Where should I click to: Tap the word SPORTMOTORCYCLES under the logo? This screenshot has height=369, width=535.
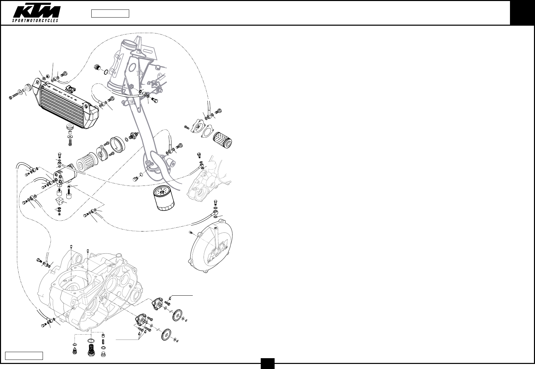36,21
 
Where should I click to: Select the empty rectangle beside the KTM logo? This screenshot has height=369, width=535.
110,14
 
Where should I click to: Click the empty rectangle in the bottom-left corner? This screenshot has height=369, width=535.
24,356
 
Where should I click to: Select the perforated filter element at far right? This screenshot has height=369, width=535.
222,140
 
